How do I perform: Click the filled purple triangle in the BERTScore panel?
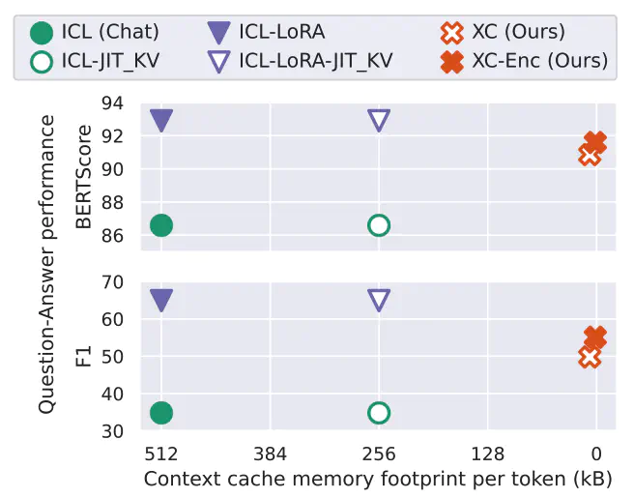click(x=161, y=120)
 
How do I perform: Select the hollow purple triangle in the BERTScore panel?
click(x=379, y=120)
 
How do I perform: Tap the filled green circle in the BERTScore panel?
click(x=161, y=225)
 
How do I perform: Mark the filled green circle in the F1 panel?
click(x=161, y=413)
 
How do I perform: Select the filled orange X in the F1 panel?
click(x=595, y=337)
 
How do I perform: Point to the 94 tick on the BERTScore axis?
click(x=112, y=103)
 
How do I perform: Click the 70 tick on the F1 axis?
click(x=112, y=282)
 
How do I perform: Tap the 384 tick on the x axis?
click(x=270, y=454)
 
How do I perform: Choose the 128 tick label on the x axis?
click(x=487, y=454)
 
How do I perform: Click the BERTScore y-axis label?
click(x=84, y=177)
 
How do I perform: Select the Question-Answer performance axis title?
click(x=46, y=264)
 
